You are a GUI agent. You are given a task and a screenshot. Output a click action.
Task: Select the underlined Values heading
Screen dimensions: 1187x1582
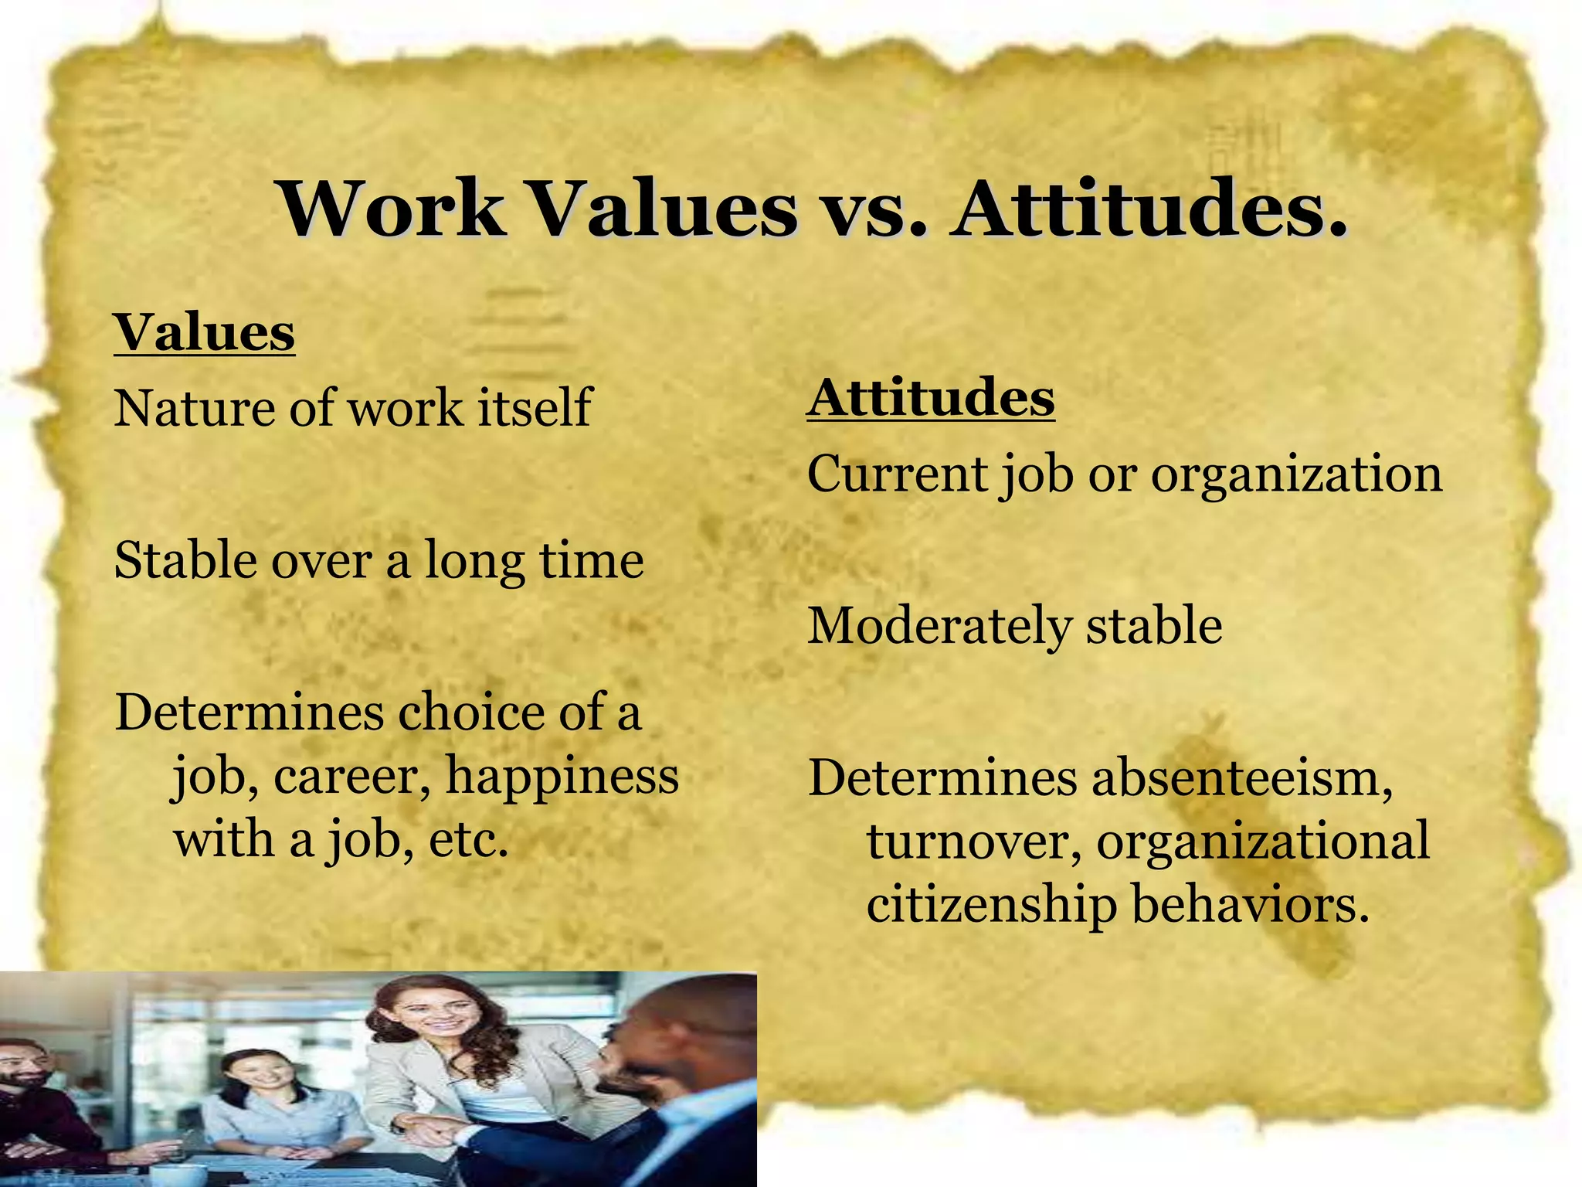click(205, 332)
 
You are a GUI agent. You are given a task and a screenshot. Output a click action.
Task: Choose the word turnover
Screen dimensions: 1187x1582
click(973, 842)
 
